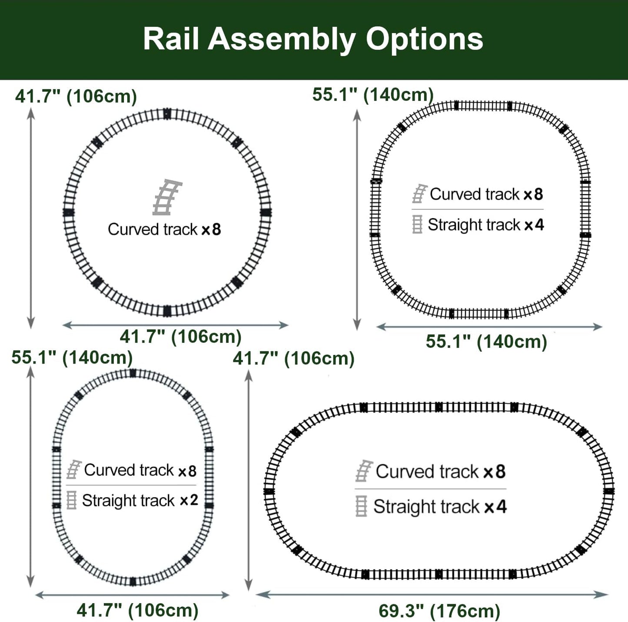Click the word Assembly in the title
(282, 40)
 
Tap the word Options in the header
(424, 40)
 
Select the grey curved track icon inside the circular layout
(167, 197)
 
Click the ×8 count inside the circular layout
(211, 230)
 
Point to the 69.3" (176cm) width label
(439, 611)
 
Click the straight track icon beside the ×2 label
(71, 500)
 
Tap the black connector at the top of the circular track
(167, 114)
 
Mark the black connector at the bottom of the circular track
(167, 311)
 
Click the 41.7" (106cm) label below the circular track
(181, 337)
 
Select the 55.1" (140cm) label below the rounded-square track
(486, 342)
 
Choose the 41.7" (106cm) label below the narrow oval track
(137, 610)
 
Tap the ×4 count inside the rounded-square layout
(534, 225)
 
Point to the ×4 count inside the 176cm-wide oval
(495, 506)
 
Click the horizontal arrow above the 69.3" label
(432, 595)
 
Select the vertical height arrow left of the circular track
(31, 218)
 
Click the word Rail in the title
(171, 39)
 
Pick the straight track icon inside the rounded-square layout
(417, 224)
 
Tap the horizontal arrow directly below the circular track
(175, 325)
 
